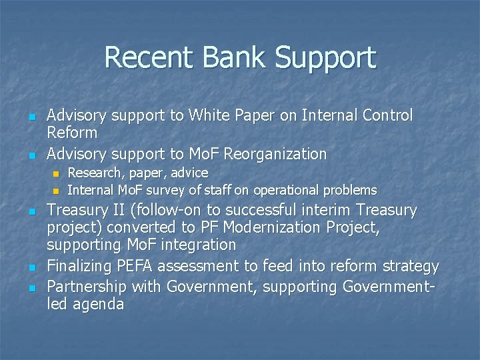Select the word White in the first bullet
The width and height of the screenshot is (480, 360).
pos(210,115)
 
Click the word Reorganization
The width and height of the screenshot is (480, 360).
pos(275,154)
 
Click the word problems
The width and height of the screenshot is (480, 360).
pos(350,190)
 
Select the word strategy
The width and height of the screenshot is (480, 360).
pos(411,267)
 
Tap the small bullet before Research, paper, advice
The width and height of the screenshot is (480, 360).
pos(56,174)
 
